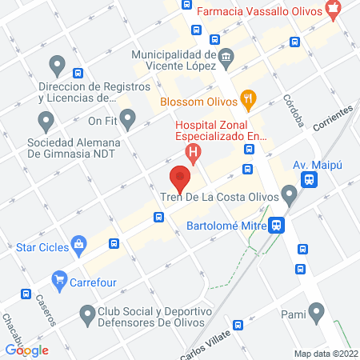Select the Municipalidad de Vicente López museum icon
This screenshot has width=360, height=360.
click(x=226, y=55)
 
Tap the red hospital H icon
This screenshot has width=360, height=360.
click(x=191, y=150)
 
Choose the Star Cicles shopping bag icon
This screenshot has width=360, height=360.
click(x=78, y=245)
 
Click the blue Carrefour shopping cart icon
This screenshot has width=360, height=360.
click(x=58, y=280)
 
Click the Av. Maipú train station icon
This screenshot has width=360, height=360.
click(x=308, y=181)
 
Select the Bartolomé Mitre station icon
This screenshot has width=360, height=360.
click(x=277, y=226)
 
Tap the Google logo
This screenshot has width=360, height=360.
click(x=26, y=350)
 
